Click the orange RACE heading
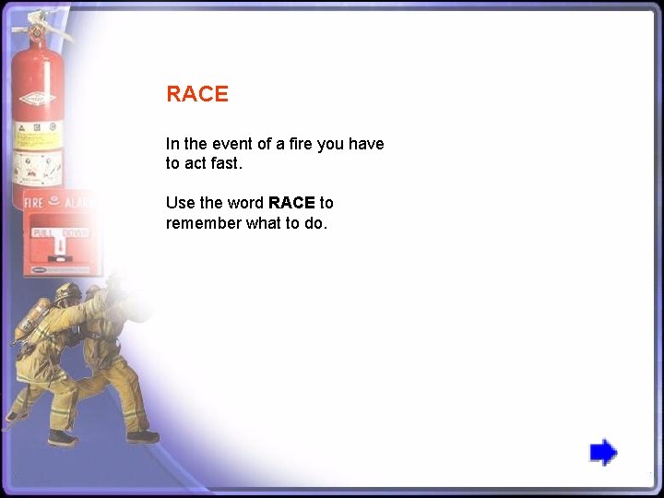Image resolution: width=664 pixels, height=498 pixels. [196, 94]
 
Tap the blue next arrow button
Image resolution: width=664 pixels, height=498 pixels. [603, 453]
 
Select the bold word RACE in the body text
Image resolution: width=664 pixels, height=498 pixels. [291, 203]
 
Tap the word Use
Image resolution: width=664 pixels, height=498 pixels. [181, 203]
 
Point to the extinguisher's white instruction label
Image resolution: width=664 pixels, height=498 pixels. [37, 138]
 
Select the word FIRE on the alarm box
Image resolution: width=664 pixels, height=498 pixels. [34, 202]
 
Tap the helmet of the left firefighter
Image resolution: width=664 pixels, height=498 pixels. [66, 293]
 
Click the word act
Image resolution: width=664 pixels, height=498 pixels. [196, 164]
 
